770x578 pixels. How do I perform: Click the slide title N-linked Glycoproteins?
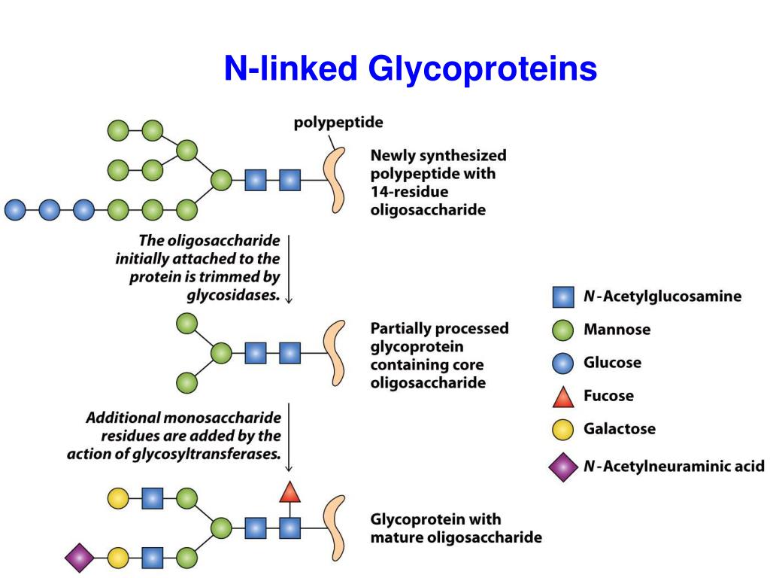(410, 69)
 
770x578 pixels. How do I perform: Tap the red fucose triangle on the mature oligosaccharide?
(290, 492)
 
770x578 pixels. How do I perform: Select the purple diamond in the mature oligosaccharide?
(79, 558)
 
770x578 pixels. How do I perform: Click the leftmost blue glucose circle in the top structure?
(15, 209)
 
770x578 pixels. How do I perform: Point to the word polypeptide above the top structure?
(338, 122)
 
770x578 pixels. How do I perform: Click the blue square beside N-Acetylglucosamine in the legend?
(563, 297)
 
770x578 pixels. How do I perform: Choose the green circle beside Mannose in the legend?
(563, 330)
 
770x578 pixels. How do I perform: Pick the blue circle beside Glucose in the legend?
(563, 363)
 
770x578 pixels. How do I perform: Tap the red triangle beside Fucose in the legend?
(563, 396)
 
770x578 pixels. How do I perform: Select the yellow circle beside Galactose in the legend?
(563, 429)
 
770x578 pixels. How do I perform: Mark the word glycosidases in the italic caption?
(233, 295)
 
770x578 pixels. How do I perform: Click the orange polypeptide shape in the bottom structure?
(333, 525)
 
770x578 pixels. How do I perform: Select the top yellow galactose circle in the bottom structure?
(118, 497)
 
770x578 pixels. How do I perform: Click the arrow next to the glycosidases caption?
(290, 268)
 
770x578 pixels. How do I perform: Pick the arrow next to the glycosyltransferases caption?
(290, 437)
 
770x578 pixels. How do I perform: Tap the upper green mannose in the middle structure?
(186, 324)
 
